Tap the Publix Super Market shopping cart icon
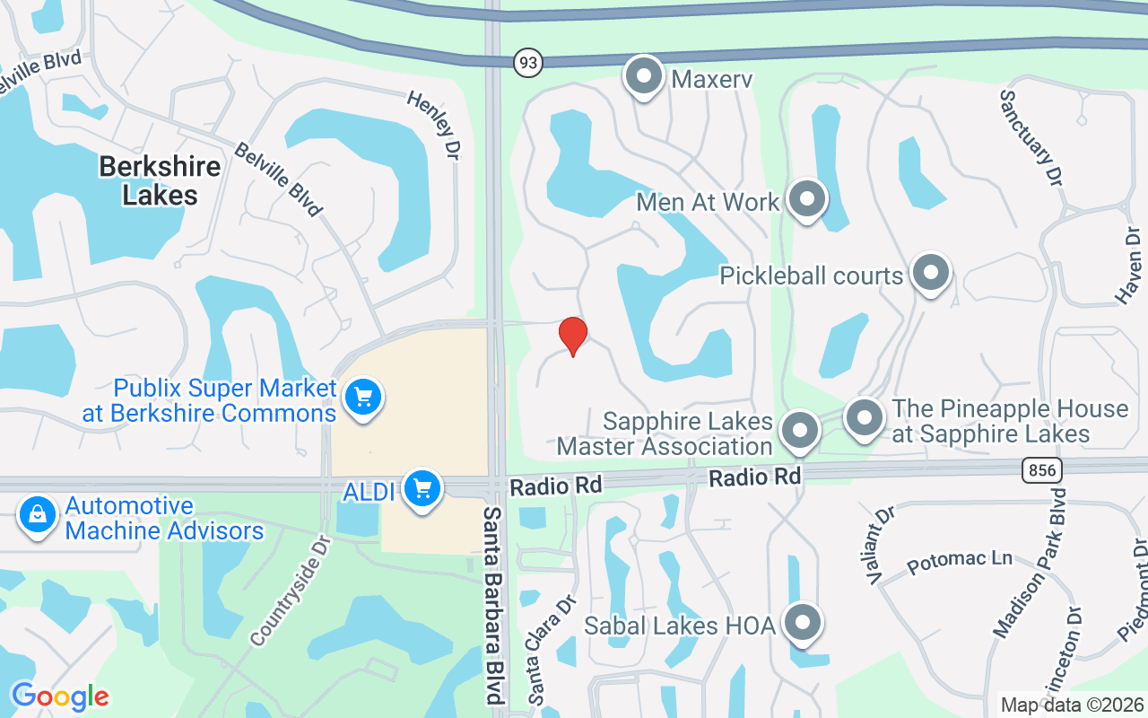362,397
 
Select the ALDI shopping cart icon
421,489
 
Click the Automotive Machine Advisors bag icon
38,516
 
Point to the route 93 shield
528,62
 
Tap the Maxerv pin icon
643,77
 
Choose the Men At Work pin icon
806,200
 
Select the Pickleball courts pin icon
930,272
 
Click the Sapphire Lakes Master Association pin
798,431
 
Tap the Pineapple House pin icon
865,418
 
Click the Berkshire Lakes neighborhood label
160,179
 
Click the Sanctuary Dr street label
1031,137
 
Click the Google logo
60,696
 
